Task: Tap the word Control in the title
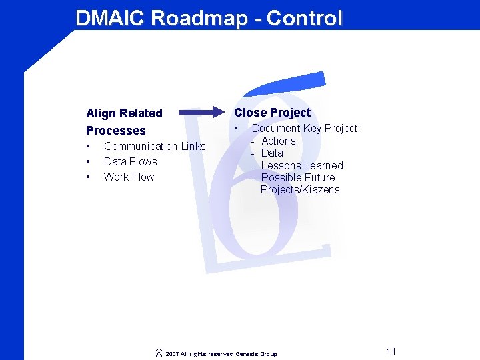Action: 304,18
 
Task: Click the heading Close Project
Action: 272,113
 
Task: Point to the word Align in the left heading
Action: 101,113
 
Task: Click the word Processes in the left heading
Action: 115,131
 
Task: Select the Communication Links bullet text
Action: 155,146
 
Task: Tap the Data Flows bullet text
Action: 130,161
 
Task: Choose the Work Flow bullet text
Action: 129,177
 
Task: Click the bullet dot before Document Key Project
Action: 237,128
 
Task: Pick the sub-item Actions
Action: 278,141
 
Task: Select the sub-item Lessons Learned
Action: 302,165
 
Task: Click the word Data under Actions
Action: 272,153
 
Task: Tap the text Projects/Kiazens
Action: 300,189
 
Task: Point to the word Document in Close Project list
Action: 275,128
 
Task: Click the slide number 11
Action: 391,351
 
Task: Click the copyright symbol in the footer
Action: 158,353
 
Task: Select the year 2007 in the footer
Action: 172,354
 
